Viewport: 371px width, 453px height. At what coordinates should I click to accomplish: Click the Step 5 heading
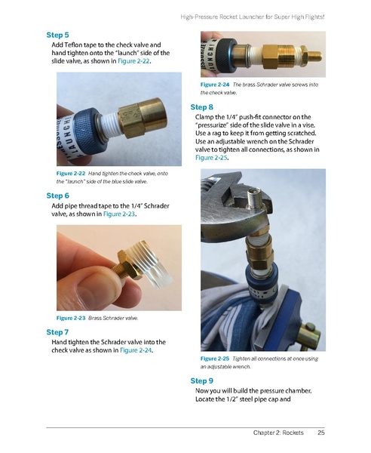coord(57,35)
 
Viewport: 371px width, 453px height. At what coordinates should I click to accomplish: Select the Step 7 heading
coord(57,331)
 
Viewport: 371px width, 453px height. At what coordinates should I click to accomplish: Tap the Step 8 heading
coord(202,107)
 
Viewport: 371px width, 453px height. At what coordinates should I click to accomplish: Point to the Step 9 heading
coord(202,381)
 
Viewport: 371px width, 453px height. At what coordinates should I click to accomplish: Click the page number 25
coord(320,433)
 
